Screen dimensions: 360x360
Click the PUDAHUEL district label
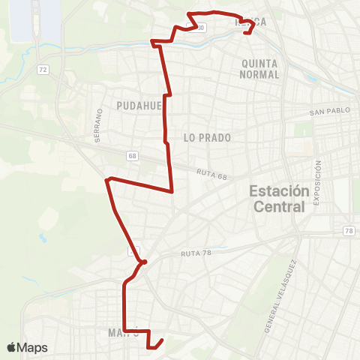click(139, 106)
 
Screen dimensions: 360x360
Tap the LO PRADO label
click(206, 138)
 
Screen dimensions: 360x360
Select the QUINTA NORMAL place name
click(259, 68)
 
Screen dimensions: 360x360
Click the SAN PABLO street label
click(330, 112)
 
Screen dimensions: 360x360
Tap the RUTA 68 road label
click(212, 173)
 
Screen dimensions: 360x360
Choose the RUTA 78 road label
click(196, 254)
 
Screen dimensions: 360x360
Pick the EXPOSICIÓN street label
click(318, 180)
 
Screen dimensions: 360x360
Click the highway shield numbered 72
click(43, 70)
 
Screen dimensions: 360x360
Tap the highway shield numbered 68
click(132, 156)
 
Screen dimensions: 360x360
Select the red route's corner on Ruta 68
click(173, 191)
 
